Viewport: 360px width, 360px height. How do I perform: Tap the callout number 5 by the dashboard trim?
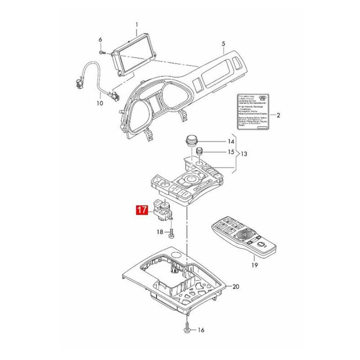coord(223,44)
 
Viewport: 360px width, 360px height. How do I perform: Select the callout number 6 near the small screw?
coord(100,40)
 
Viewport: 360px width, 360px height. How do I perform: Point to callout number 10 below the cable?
coord(100,103)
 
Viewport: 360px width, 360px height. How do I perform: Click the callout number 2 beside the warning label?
coord(278,115)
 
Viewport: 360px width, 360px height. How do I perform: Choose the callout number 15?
coord(231,152)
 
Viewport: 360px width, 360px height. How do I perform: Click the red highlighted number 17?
coord(142,210)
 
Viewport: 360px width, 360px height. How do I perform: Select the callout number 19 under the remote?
coord(254,265)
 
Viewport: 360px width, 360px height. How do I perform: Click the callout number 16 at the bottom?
coord(201,330)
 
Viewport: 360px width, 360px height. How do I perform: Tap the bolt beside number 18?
coord(171,233)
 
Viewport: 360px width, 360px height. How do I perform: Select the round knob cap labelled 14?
coord(192,142)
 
